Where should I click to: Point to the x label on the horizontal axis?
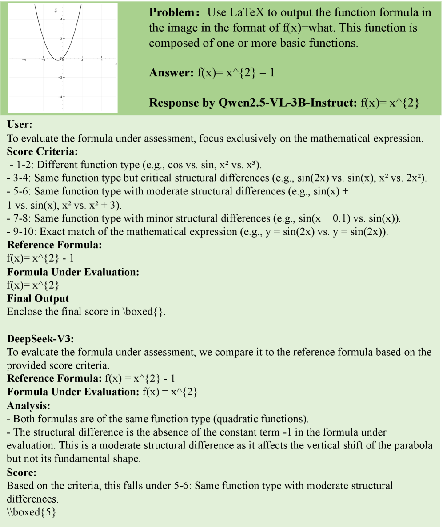116,63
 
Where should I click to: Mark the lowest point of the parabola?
57,60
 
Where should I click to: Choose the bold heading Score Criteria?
42,151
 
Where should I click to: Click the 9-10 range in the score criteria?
18,231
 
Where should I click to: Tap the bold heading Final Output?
38,298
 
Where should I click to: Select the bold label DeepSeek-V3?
40,339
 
